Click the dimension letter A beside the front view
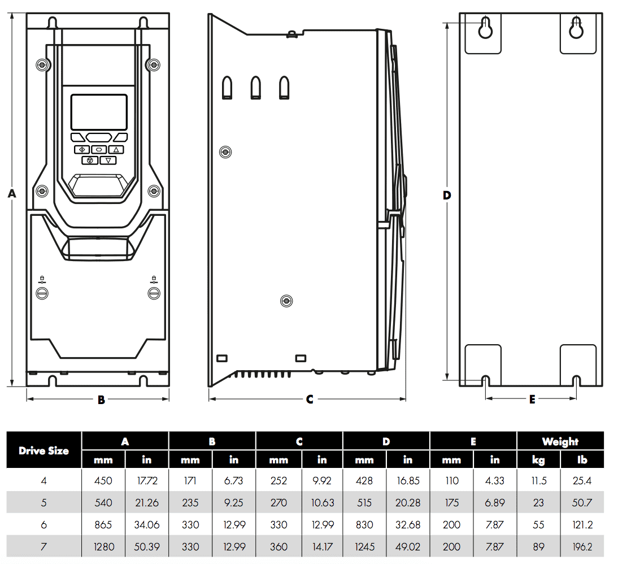pyautogui.click(x=11, y=194)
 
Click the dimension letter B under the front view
pyautogui.click(x=101, y=400)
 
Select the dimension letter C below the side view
pyautogui.click(x=310, y=400)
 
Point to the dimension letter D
pyautogui.click(x=447, y=196)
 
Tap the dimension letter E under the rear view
pyautogui.click(x=532, y=400)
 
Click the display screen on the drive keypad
pyautogui.click(x=99, y=112)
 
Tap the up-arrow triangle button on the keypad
pyautogui.click(x=116, y=150)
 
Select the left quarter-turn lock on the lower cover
pyautogui.click(x=42, y=293)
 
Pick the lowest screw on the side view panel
pyautogui.click(x=287, y=301)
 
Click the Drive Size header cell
pyautogui.click(x=44, y=450)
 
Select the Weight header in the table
pyautogui.click(x=560, y=441)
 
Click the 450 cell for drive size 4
pyautogui.click(x=103, y=481)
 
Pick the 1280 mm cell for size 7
pyautogui.click(x=103, y=546)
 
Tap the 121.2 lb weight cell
pyautogui.click(x=582, y=524)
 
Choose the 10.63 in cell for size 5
pyautogui.click(x=322, y=502)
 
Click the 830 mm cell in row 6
pyautogui.click(x=364, y=524)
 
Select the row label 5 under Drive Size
pyautogui.click(x=44, y=502)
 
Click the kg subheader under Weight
pyautogui.click(x=538, y=460)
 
